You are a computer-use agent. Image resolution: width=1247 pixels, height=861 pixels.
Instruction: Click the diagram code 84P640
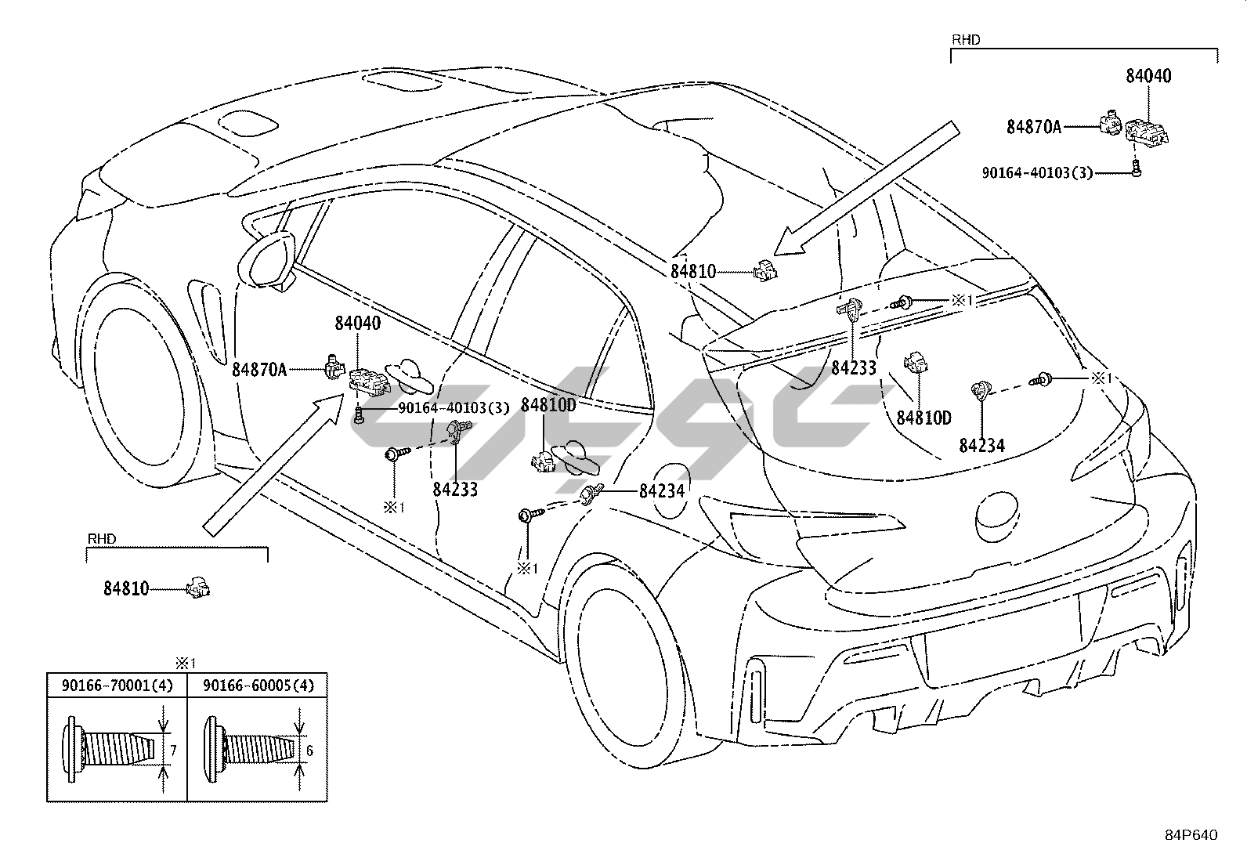tap(1191, 835)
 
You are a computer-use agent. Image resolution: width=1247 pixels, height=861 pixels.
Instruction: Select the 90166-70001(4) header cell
tap(117, 686)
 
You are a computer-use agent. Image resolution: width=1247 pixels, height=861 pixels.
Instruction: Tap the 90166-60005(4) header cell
tap(258, 686)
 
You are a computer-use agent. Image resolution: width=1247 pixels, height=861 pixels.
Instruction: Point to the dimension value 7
tap(173, 751)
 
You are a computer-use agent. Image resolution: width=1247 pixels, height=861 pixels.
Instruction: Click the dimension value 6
tap(309, 751)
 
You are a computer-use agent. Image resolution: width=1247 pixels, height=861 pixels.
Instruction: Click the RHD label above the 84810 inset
tap(102, 538)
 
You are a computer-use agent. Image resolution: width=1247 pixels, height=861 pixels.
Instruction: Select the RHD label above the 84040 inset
tap(966, 39)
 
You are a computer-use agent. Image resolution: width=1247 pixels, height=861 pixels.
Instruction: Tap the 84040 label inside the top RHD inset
tap(1148, 76)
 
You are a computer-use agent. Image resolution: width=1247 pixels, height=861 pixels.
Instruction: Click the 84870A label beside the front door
tap(259, 369)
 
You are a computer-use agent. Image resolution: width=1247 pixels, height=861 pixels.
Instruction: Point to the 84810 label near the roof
tap(693, 272)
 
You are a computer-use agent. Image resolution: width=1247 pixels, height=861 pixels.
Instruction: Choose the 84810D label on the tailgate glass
tap(924, 418)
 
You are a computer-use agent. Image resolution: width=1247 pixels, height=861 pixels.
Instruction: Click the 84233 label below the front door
tap(455, 489)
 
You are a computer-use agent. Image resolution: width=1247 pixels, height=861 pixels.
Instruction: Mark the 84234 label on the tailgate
tap(981, 446)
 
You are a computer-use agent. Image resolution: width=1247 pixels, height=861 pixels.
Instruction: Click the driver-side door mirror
tap(267, 260)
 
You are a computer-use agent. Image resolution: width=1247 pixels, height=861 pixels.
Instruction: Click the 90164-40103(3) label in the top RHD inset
tap(1037, 173)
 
